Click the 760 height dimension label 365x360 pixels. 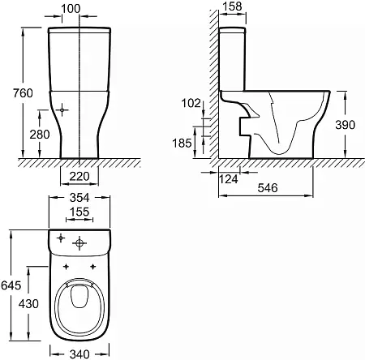tap(23, 93)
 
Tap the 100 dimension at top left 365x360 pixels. tap(71, 9)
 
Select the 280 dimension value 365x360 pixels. tap(40, 135)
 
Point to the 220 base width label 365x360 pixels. tap(79, 177)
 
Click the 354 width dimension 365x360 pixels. tap(79, 198)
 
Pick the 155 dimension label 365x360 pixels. tap(79, 212)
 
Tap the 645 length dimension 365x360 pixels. tap(11, 285)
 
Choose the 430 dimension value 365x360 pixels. tap(28, 304)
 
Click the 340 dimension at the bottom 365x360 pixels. tap(79, 354)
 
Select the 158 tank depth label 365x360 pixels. tap(232, 6)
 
